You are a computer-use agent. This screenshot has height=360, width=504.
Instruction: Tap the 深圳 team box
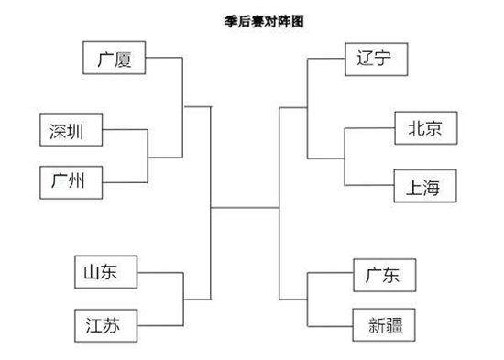(x=71, y=131)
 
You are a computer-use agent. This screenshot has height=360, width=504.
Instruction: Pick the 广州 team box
(x=71, y=181)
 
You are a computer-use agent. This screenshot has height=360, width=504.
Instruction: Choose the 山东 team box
(x=105, y=272)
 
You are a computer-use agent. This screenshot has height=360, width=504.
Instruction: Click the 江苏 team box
(x=105, y=323)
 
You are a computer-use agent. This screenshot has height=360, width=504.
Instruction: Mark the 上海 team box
(x=423, y=187)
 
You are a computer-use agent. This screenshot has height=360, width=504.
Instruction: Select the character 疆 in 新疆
(x=395, y=325)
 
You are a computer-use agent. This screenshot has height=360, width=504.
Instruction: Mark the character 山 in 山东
(x=95, y=272)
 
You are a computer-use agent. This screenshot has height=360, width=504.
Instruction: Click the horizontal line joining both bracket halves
(x=245, y=208)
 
